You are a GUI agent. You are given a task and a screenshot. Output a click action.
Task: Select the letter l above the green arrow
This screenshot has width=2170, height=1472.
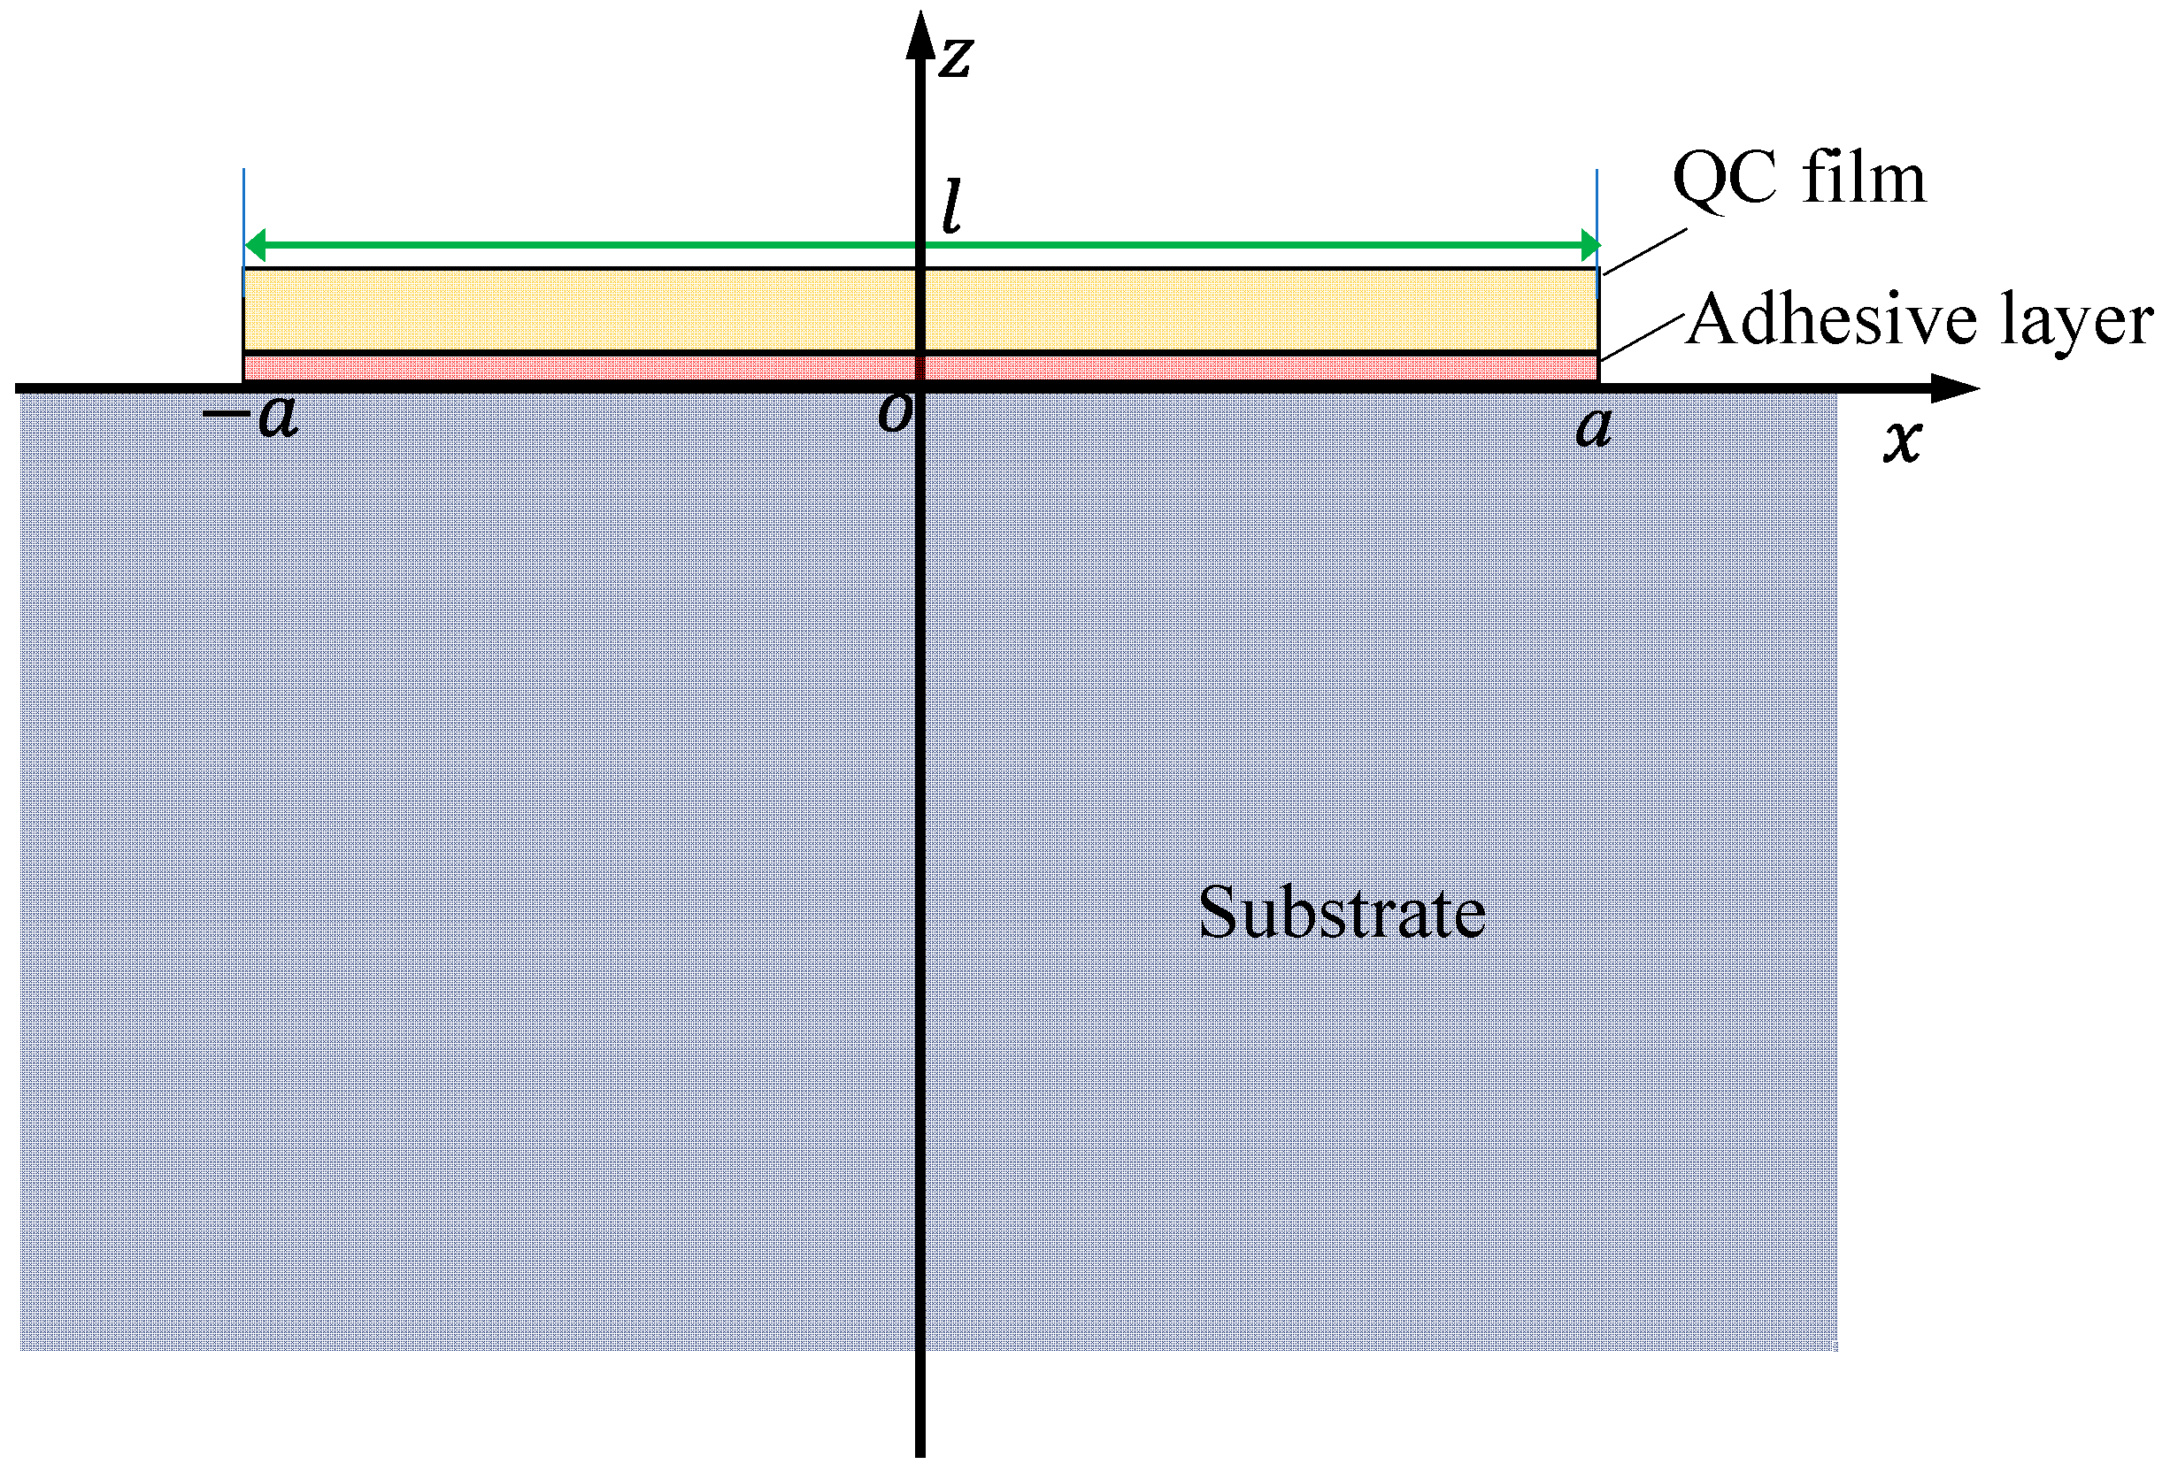click(x=951, y=207)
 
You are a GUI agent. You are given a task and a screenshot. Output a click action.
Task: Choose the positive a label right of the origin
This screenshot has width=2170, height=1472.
click(x=1593, y=427)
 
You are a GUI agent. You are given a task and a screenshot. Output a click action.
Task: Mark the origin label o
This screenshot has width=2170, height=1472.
click(x=895, y=413)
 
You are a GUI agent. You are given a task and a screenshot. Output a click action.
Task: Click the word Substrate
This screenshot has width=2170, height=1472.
click(x=1341, y=912)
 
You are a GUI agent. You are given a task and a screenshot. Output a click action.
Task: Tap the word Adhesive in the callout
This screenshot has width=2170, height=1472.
click(x=1831, y=319)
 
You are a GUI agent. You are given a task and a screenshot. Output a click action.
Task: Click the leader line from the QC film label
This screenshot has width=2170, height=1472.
click(x=1645, y=251)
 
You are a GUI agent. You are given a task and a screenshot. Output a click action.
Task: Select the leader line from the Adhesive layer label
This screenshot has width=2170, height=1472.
click(x=1643, y=337)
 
